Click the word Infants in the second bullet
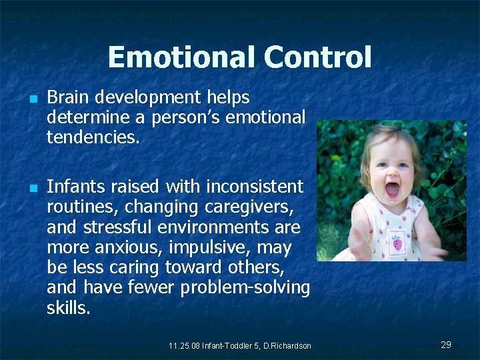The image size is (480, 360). tap(73, 186)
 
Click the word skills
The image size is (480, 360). tap(68, 309)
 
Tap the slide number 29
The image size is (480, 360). tap(446, 345)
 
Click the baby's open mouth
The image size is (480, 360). tap(392, 188)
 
